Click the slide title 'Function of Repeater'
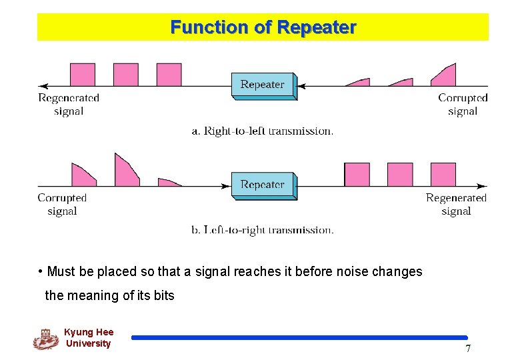click(x=263, y=27)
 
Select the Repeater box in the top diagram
click(x=263, y=85)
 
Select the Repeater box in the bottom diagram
click(x=263, y=185)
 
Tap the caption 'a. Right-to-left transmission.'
click(x=263, y=131)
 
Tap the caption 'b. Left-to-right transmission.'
click(x=263, y=230)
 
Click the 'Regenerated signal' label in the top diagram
click(x=69, y=105)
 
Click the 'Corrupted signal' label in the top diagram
click(x=463, y=105)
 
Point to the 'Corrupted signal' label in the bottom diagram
click(x=62, y=205)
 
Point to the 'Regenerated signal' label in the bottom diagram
click(x=456, y=205)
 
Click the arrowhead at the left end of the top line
click(x=43, y=86)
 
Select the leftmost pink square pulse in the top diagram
click(x=83, y=75)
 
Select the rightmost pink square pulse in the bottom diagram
click(x=443, y=175)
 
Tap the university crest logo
click(x=46, y=339)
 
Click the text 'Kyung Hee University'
click(x=89, y=338)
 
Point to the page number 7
click(x=468, y=349)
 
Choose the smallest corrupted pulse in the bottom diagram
click(x=169, y=182)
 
